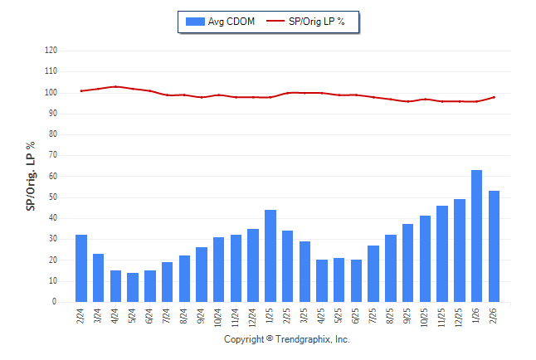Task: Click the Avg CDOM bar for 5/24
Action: tap(133, 287)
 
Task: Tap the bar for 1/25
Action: tap(270, 256)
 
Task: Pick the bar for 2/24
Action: tap(81, 269)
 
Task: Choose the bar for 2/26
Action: tap(494, 246)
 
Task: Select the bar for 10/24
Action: tap(219, 270)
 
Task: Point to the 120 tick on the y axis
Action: tap(51, 51)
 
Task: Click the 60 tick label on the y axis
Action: tap(52, 177)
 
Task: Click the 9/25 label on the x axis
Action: tap(408, 316)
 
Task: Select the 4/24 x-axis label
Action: tap(116, 316)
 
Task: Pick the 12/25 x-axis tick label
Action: tap(460, 317)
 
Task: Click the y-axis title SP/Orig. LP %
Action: tap(32, 176)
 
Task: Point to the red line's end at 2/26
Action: tap(494, 97)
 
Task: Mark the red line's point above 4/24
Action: tap(116, 86)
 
